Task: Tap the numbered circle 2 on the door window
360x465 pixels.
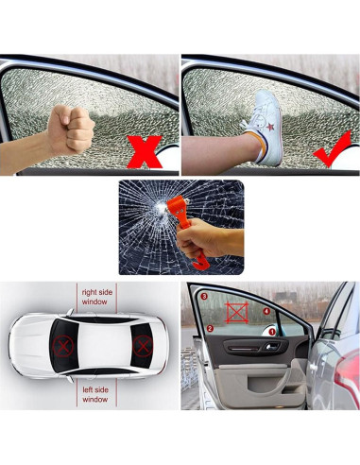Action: click(210, 329)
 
